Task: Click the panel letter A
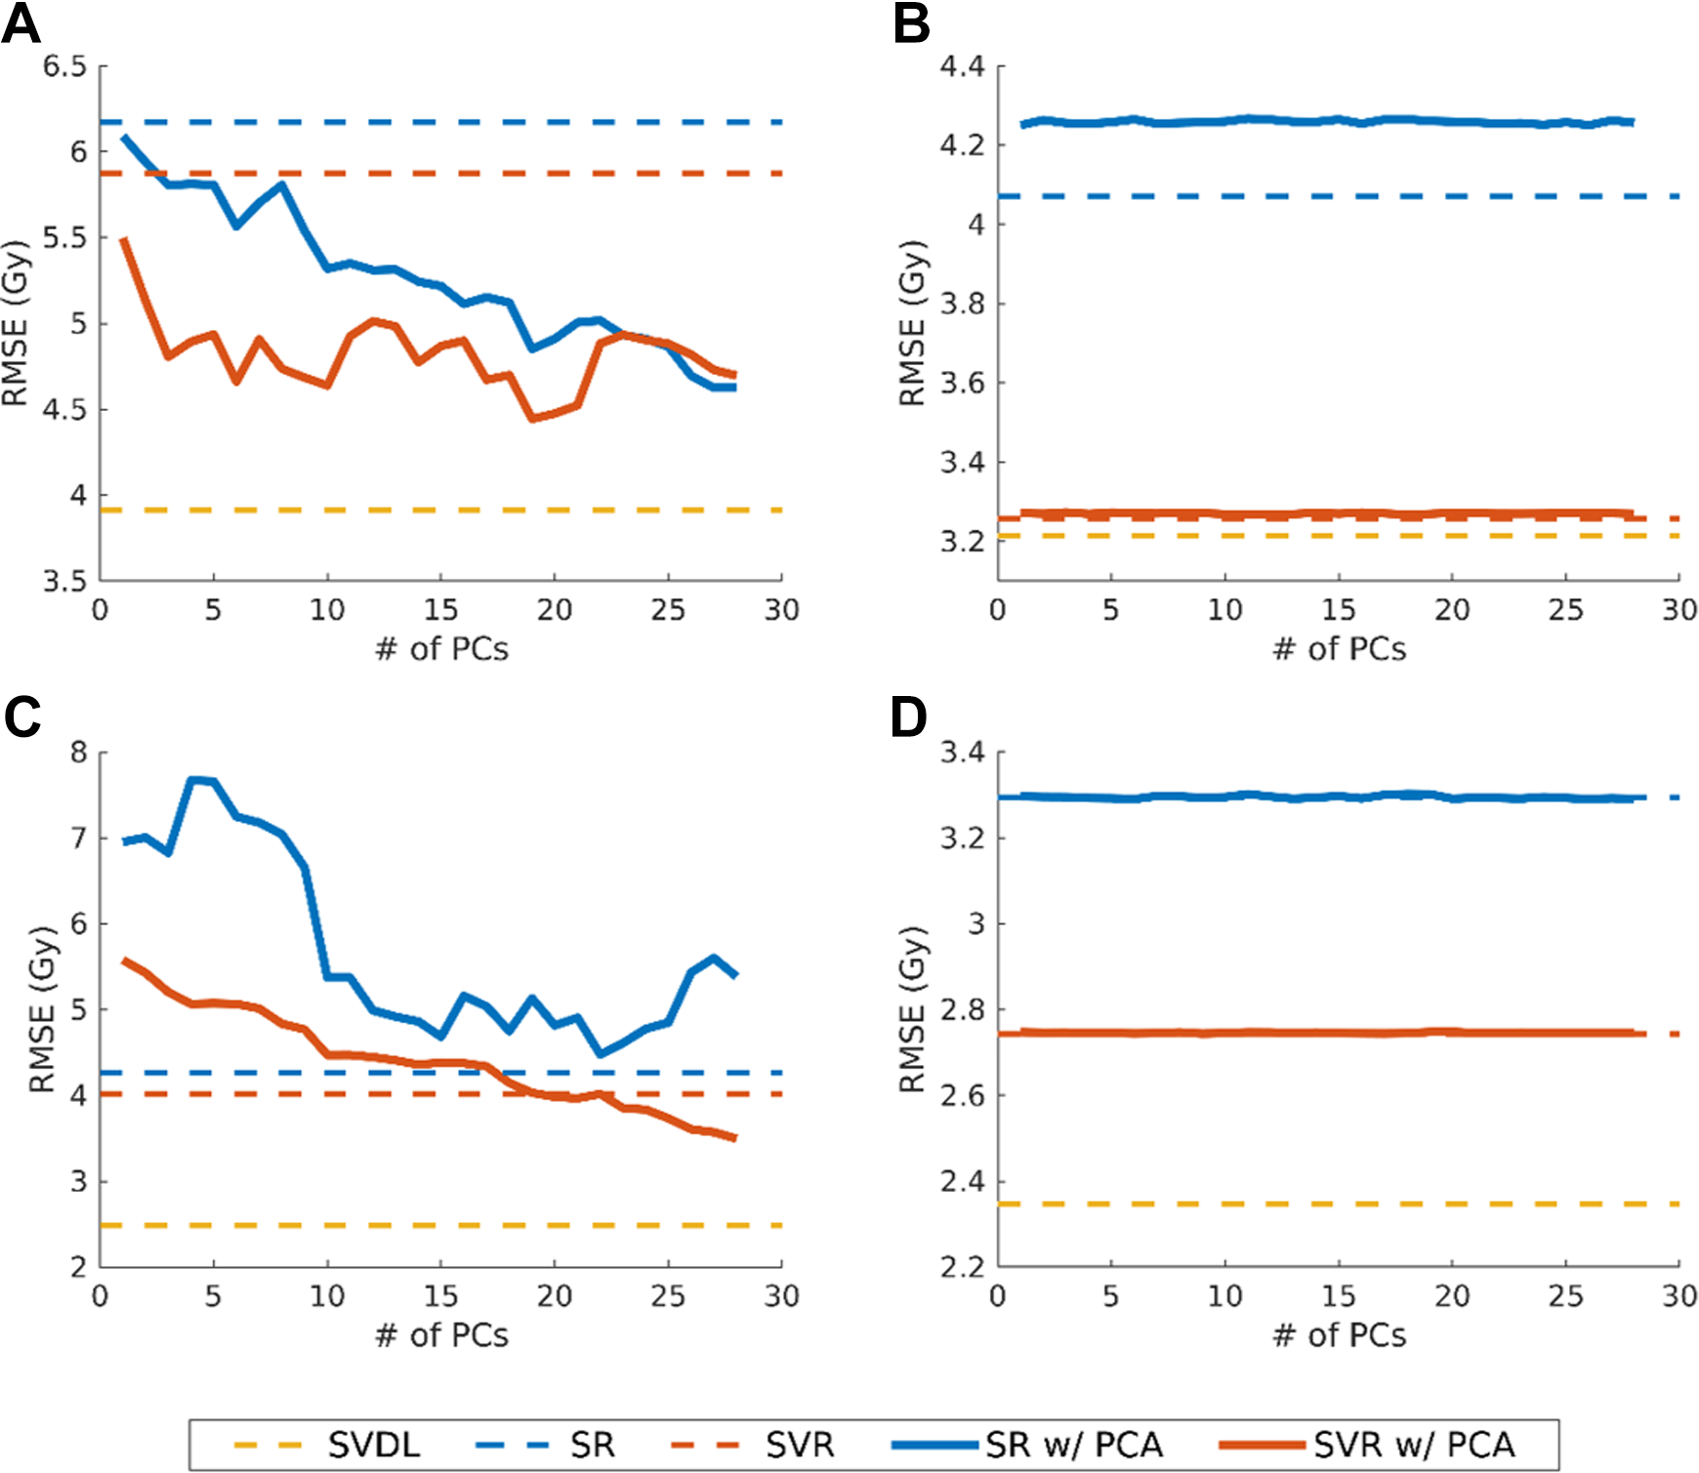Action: pyautogui.click(x=21, y=23)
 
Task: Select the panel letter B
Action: pyautogui.click(x=911, y=23)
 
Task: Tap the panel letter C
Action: pyautogui.click(x=22, y=716)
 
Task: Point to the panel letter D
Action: pyautogui.click(x=909, y=716)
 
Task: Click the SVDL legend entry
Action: pyautogui.click(x=327, y=1445)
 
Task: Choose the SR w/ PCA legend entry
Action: pyautogui.click(x=1027, y=1445)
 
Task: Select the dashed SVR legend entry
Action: pyautogui.click(x=754, y=1445)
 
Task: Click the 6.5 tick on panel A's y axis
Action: pyautogui.click(x=64, y=66)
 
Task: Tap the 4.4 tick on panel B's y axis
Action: pyautogui.click(x=962, y=66)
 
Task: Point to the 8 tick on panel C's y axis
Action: pyautogui.click(x=78, y=753)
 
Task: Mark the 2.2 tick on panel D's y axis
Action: pyautogui.click(x=962, y=1267)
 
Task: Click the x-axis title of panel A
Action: pyautogui.click(x=441, y=649)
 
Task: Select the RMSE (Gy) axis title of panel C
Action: pyautogui.click(x=42, y=1009)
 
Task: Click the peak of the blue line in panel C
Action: pyautogui.click(x=193, y=779)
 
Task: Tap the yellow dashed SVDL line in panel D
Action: pyautogui.click(x=1338, y=1204)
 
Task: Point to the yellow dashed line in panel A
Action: pyautogui.click(x=441, y=511)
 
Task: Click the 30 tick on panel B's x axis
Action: pyautogui.click(x=1679, y=610)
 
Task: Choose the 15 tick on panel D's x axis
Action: pyautogui.click(x=1338, y=1296)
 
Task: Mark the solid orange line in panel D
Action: pyautogui.click(x=1321, y=1033)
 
